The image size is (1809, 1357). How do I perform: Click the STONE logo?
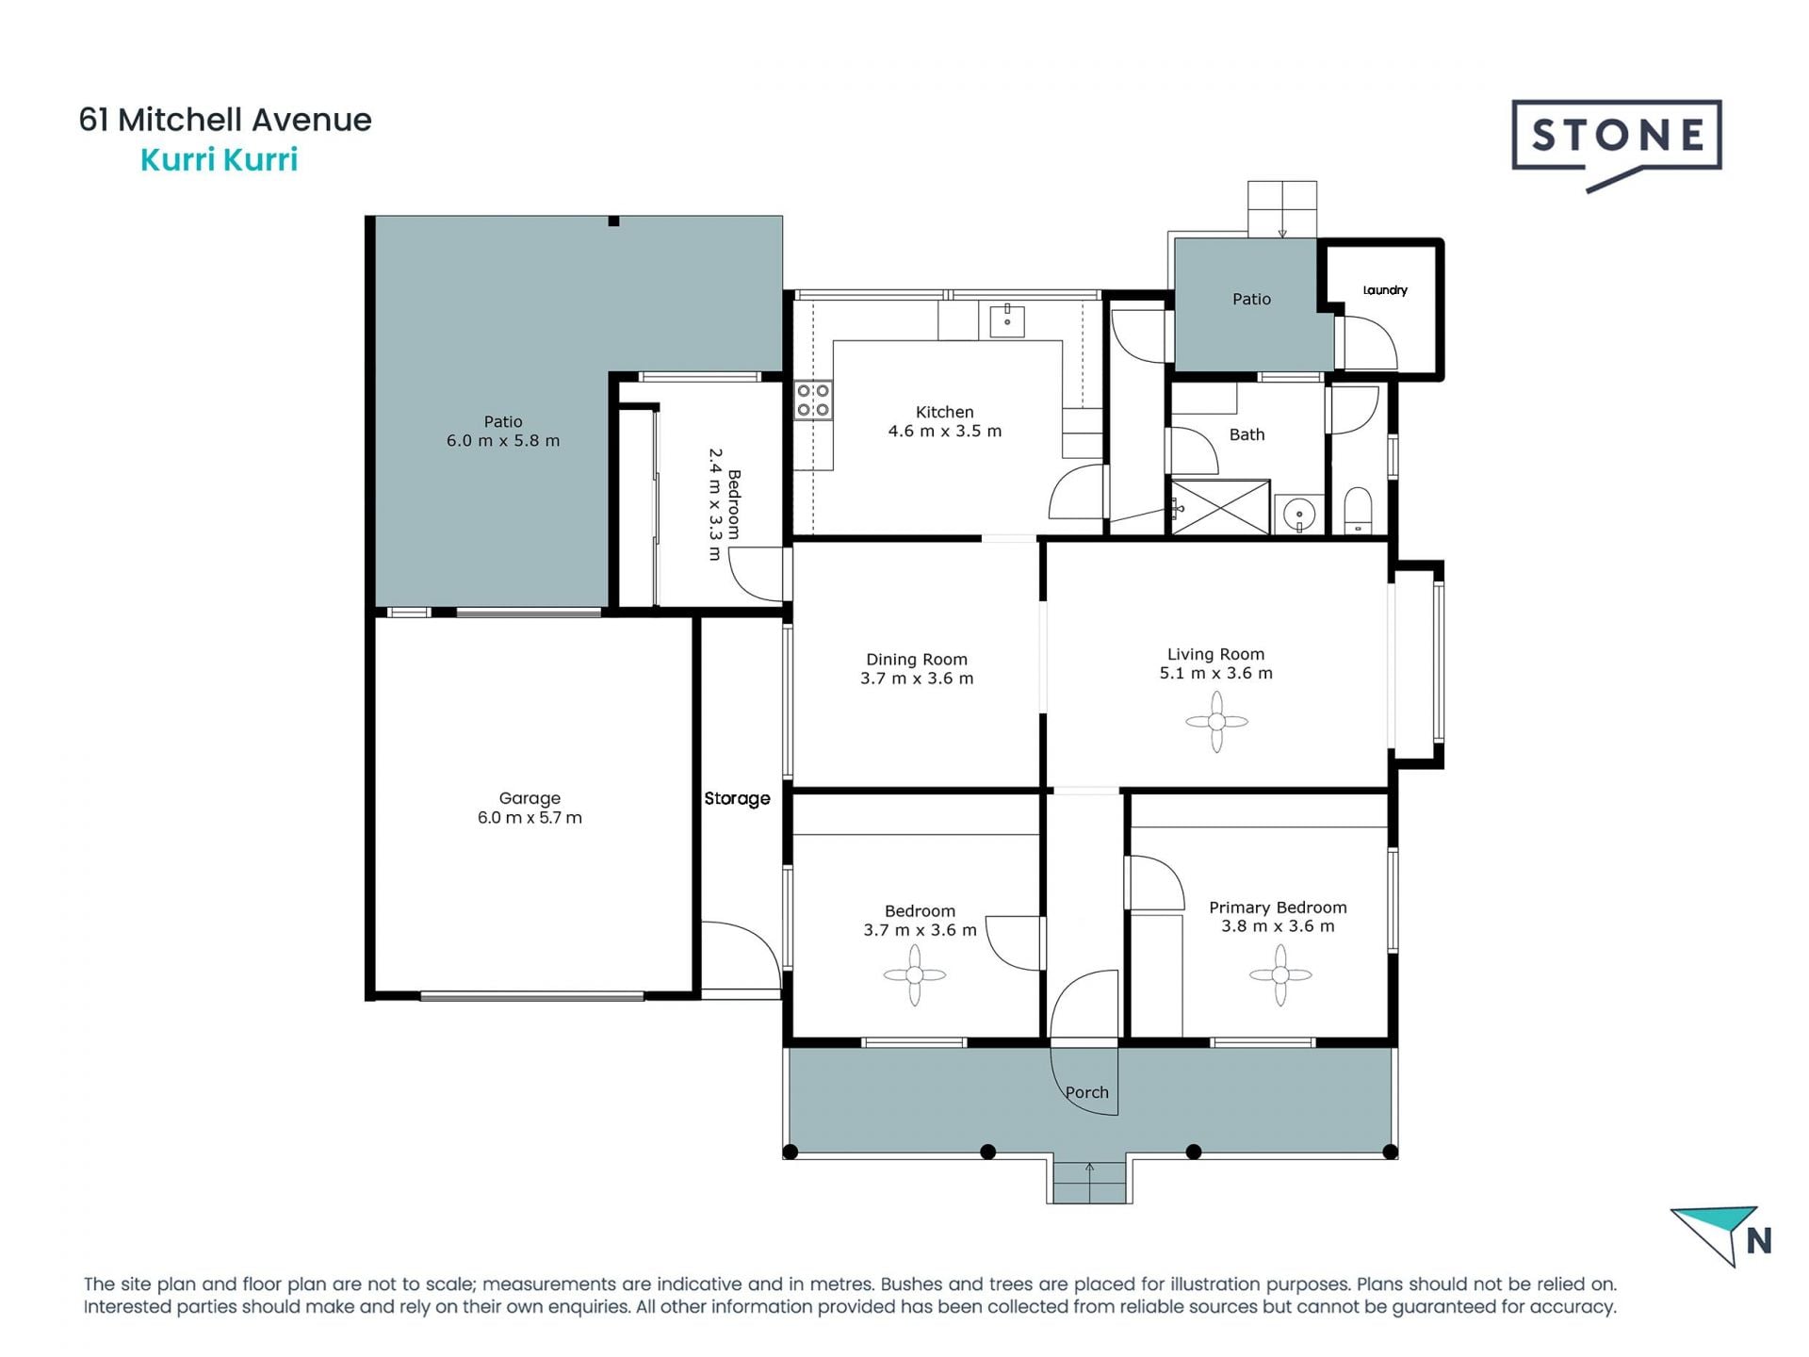click(x=1617, y=144)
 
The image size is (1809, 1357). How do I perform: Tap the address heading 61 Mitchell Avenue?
click(x=225, y=120)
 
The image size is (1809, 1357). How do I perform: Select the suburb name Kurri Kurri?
click(x=219, y=160)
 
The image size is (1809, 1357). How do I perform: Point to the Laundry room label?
click(x=1385, y=290)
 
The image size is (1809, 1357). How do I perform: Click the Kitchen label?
click(x=945, y=412)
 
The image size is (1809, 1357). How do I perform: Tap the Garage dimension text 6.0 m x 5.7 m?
click(x=530, y=818)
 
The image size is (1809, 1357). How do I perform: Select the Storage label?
click(x=738, y=798)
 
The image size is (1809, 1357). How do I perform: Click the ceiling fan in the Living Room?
click(x=1216, y=722)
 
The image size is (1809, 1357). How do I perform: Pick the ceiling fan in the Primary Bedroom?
click(x=1280, y=975)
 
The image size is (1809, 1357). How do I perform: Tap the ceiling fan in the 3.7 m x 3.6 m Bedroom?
click(x=915, y=975)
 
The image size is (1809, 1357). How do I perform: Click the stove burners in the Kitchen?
click(x=813, y=400)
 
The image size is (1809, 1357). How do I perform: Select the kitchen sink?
click(x=1007, y=319)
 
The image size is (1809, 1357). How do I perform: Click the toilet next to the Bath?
click(x=1358, y=510)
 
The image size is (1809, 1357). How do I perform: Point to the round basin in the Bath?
click(x=1299, y=515)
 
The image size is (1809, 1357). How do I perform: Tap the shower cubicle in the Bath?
click(x=1219, y=507)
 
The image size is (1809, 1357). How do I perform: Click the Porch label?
click(x=1087, y=1093)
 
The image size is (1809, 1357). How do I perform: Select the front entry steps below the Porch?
click(x=1089, y=1183)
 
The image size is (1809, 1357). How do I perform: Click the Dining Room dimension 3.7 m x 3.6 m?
click(x=917, y=678)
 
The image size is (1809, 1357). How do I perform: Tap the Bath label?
click(x=1247, y=434)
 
